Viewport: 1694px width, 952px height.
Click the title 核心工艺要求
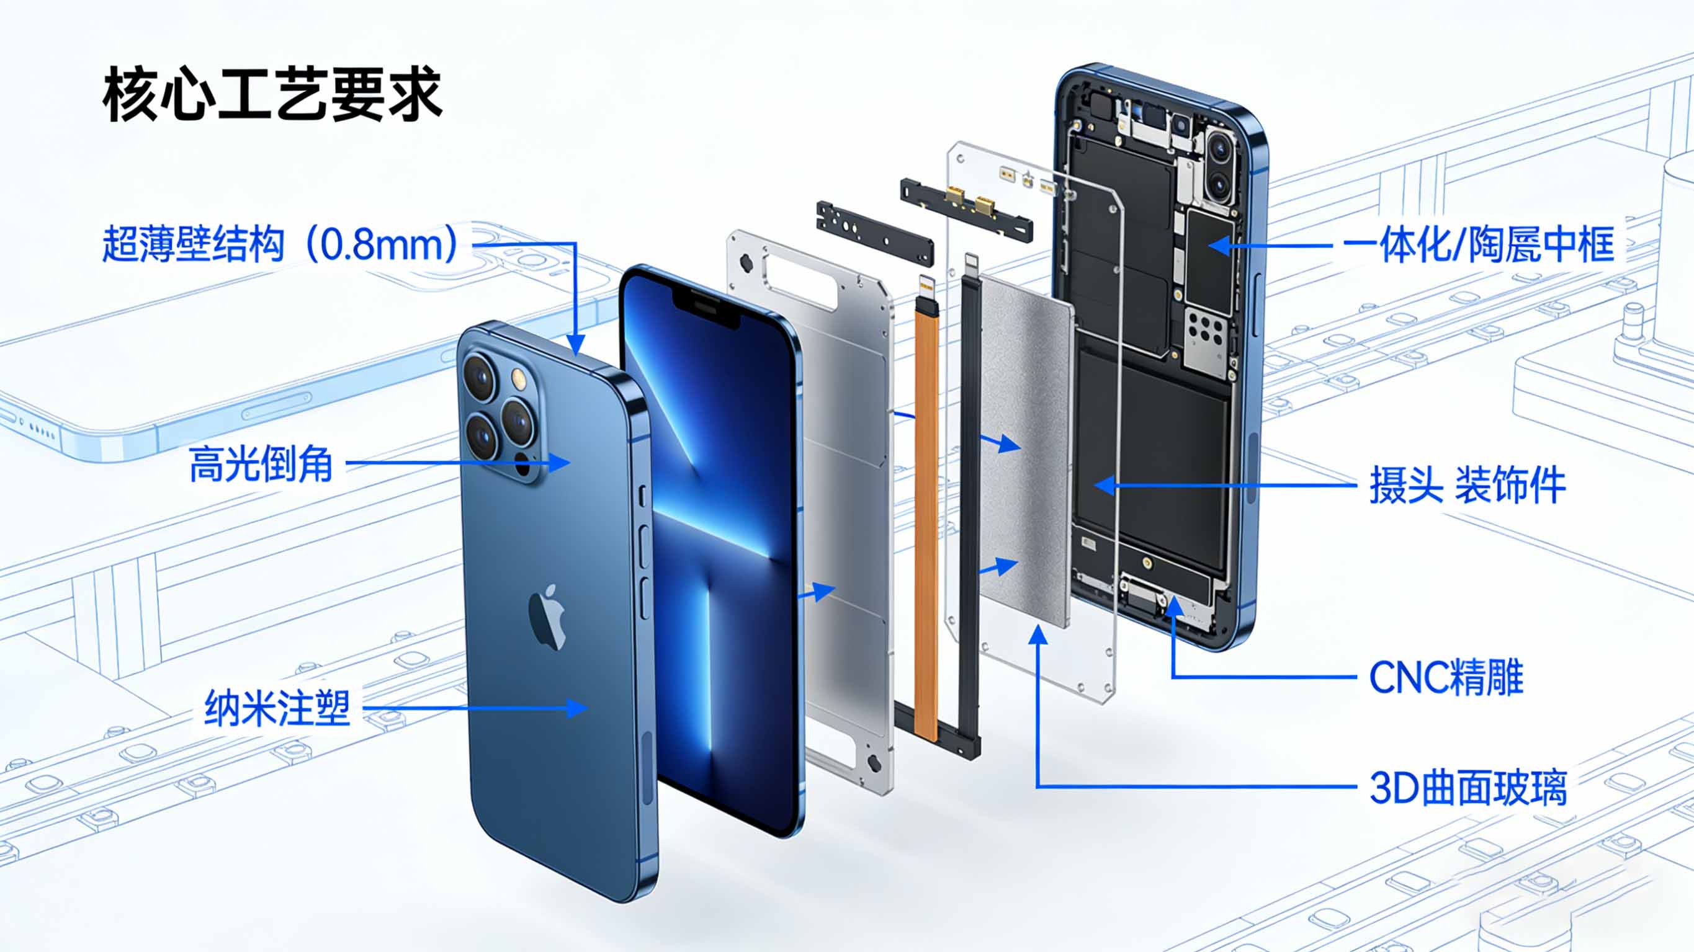tap(272, 94)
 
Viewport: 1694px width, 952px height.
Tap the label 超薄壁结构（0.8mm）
tap(280, 244)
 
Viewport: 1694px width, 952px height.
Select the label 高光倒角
tap(261, 463)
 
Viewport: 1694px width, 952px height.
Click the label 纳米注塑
tap(277, 708)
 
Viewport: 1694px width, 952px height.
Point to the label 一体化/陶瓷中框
tap(1477, 244)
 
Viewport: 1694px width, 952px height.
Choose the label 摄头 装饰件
tap(1467, 485)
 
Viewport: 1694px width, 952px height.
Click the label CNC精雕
tap(1446, 677)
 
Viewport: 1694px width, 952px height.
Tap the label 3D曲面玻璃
tap(1468, 787)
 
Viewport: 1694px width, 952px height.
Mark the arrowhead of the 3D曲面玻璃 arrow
tap(1037, 634)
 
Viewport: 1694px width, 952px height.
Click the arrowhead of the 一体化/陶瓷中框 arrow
tap(1220, 245)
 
